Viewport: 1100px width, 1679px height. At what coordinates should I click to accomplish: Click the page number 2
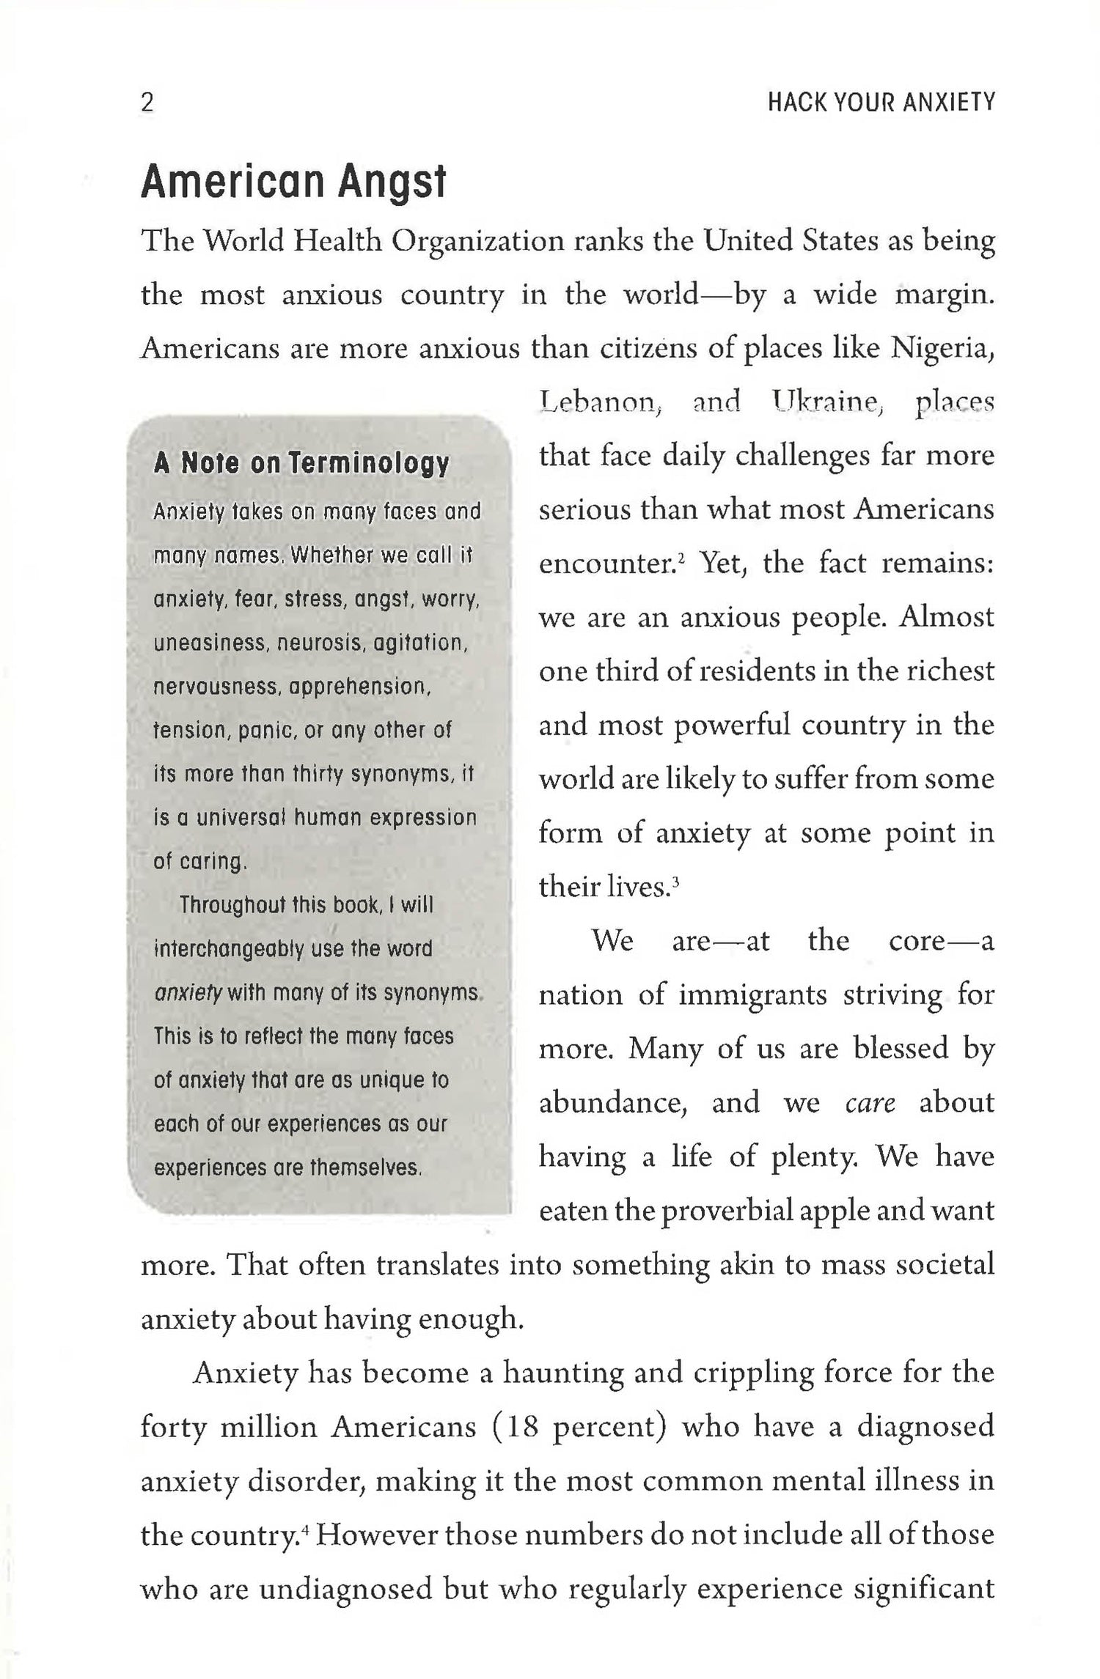click(147, 103)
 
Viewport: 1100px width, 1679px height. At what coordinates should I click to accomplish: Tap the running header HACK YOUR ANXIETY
click(881, 103)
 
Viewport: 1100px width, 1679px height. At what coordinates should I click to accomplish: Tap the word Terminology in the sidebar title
click(368, 464)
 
